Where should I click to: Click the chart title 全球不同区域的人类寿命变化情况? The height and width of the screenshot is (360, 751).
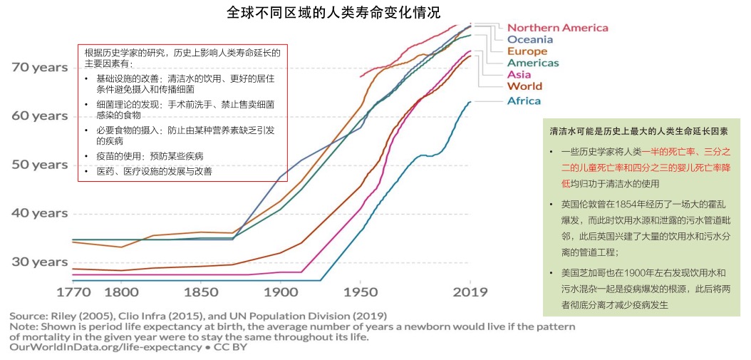coord(333,13)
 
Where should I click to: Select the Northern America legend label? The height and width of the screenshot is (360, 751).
coord(558,28)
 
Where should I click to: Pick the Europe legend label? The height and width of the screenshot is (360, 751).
coord(527,51)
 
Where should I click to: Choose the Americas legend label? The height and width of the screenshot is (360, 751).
coord(533,63)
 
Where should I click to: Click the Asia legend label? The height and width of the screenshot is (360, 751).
coord(519,75)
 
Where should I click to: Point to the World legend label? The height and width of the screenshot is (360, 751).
coord(524,86)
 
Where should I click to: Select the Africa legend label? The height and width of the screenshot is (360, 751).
coord(524,101)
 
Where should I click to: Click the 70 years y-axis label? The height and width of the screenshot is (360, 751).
coord(40,67)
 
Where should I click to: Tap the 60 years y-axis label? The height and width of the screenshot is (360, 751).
coord(40,115)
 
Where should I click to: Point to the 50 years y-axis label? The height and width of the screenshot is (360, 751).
coord(40,165)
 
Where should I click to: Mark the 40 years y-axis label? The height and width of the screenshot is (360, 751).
coord(40,213)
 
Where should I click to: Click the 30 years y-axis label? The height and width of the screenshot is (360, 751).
coord(40,262)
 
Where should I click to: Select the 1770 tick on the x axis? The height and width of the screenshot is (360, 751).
coord(73,292)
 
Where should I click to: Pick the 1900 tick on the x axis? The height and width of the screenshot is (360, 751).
coord(280,292)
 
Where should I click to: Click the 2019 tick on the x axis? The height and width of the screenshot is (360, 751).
coord(470,292)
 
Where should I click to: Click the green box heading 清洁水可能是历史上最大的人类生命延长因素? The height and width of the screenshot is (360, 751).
coord(638,132)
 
